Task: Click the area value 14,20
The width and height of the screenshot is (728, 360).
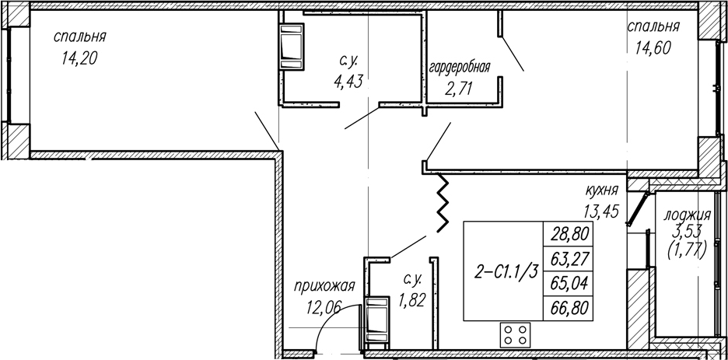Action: coord(79,58)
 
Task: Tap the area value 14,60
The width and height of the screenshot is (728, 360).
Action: coord(653,47)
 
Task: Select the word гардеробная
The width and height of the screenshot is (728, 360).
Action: coord(460,68)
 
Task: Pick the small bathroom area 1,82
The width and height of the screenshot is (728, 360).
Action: coord(411,300)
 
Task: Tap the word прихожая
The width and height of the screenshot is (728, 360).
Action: coord(324,286)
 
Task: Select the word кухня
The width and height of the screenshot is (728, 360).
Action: coord(602,190)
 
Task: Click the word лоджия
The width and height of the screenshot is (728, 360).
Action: coord(687,215)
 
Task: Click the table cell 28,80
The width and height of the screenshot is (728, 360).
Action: coord(569,234)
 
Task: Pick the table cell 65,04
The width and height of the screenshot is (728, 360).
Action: coord(569,283)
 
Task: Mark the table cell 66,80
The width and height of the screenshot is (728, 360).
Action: coord(569,308)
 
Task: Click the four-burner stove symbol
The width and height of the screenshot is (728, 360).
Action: coord(516,335)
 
